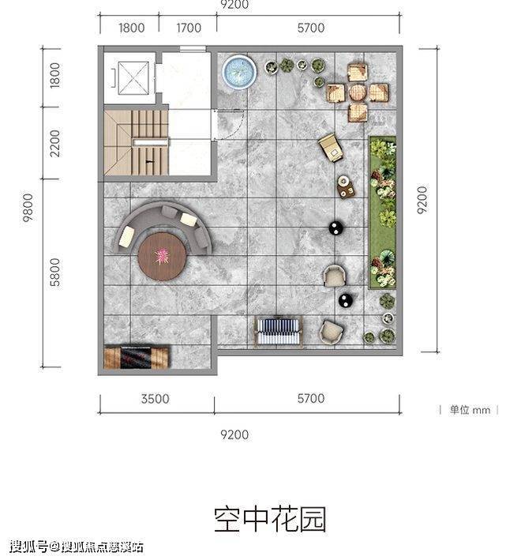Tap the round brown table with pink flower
(x=162, y=257)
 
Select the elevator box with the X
(x=133, y=78)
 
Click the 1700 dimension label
(x=189, y=28)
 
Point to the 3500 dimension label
(x=155, y=399)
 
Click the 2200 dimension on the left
(x=55, y=143)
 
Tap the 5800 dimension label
(x=55, y=272)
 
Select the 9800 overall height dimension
(x=28, y=208)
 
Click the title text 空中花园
(x=270, y=520)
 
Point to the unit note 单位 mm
(x=470, y=410)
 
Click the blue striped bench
(x=278, y=332)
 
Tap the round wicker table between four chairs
(x=358, y=93)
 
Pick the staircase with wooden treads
(x=136, y=142)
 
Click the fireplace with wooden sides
(x=136, y=357)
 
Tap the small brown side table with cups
(x=346, y=186)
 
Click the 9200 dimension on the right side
(x=422, y=200)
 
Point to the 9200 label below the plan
(x=234, y=434)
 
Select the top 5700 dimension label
(x=311, y=28)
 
